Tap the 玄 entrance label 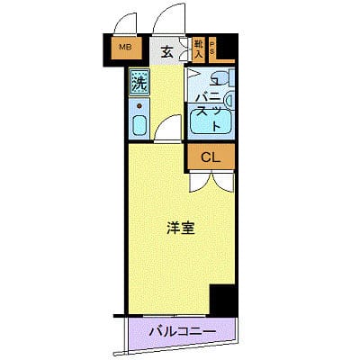[167, 51]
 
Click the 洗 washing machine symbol [139, 84]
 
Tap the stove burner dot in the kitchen [139, 105]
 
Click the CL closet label [210, 158]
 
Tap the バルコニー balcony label [182, 333]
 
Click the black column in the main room [220, 298]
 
